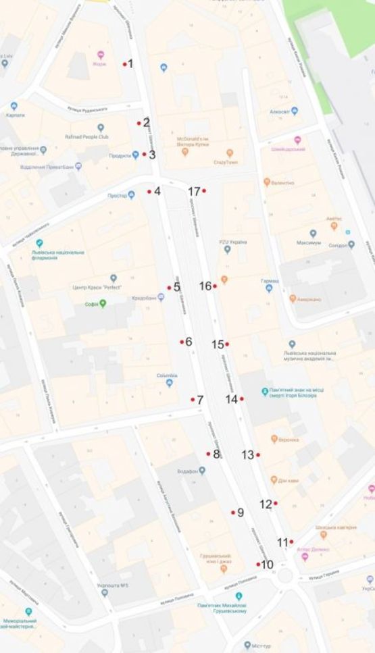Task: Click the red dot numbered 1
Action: pos(125,64)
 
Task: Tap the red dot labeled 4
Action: pos(149,192)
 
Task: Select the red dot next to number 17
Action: pos(203,191)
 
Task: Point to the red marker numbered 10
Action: pos(258,564)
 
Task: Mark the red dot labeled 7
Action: pos(193,400)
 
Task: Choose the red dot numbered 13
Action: pos(258,455)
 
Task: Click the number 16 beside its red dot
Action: pos(205,286)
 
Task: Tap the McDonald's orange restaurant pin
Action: pos(185,152)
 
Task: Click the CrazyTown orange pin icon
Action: pos(230,153)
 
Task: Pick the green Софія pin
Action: pos(103,304)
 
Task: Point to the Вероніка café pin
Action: pos(274,439)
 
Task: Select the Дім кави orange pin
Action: pos(274,481)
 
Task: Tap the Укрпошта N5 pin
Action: pos(105,593)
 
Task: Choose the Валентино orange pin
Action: pos(267,182)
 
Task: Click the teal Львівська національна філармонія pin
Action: pos(39,243)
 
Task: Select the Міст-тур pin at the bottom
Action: pos(247,645)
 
